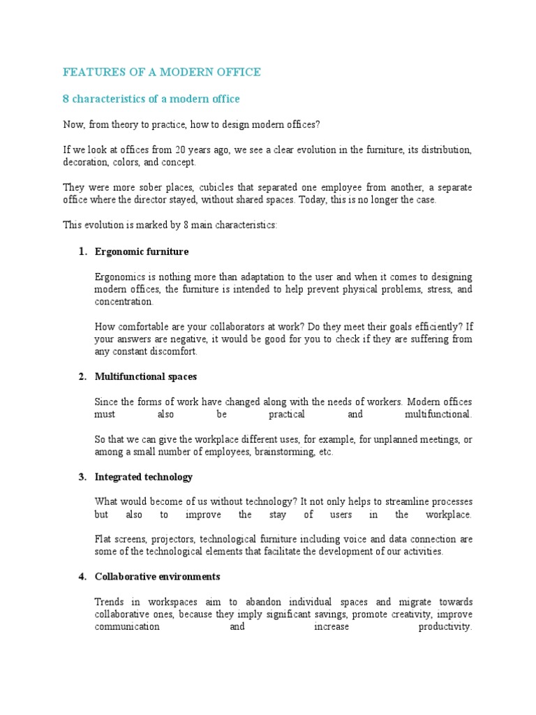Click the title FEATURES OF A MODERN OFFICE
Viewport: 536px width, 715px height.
[x=162, y=72]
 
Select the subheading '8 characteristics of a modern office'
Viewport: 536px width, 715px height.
[x=151, y=99]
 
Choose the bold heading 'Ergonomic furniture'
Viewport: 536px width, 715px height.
[x=142, y=251]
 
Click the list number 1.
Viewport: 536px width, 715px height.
[x=82, y=251]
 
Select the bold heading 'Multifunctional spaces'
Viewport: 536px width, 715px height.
[x=146, y=376]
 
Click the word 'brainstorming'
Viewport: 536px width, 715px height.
[x=270, y=452]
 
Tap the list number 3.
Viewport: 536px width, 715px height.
[x=82, y=477]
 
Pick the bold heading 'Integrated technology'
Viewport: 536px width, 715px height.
[x=144, y=477]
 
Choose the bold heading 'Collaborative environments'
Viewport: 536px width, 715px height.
[x=158, y=577]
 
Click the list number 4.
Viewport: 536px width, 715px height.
[x=82, y=577]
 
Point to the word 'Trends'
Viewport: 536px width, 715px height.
[x=109, y=602]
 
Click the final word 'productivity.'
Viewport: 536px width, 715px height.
[x=445, y=627]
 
